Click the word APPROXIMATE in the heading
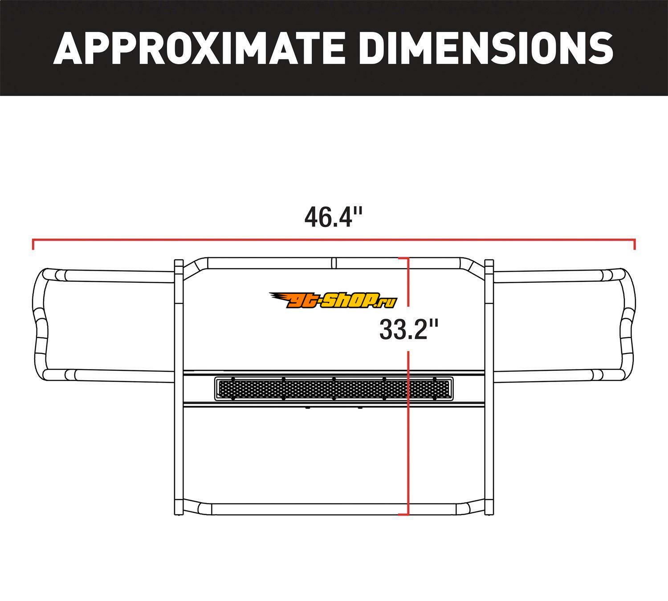point(199,48)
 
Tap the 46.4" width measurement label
point(334,217)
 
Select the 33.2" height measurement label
point(408,329)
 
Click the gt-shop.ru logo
point(333,300)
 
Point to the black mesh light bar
point(334,389)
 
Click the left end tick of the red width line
point(33,244)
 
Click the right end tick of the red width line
point(635,244)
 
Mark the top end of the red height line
point(408,258)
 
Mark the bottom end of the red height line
point(408,515)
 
